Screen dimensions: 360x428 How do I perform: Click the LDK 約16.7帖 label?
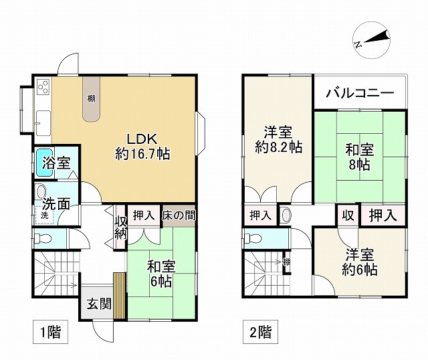click(142, 147)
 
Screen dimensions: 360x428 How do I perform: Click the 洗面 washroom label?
click(56, 203)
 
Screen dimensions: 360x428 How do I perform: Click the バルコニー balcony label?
click(360, 94)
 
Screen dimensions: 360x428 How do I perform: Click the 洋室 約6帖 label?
click(360, 262)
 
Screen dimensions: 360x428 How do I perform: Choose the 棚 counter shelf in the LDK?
click(92, 98)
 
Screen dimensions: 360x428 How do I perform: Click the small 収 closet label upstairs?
click(348, 215)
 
